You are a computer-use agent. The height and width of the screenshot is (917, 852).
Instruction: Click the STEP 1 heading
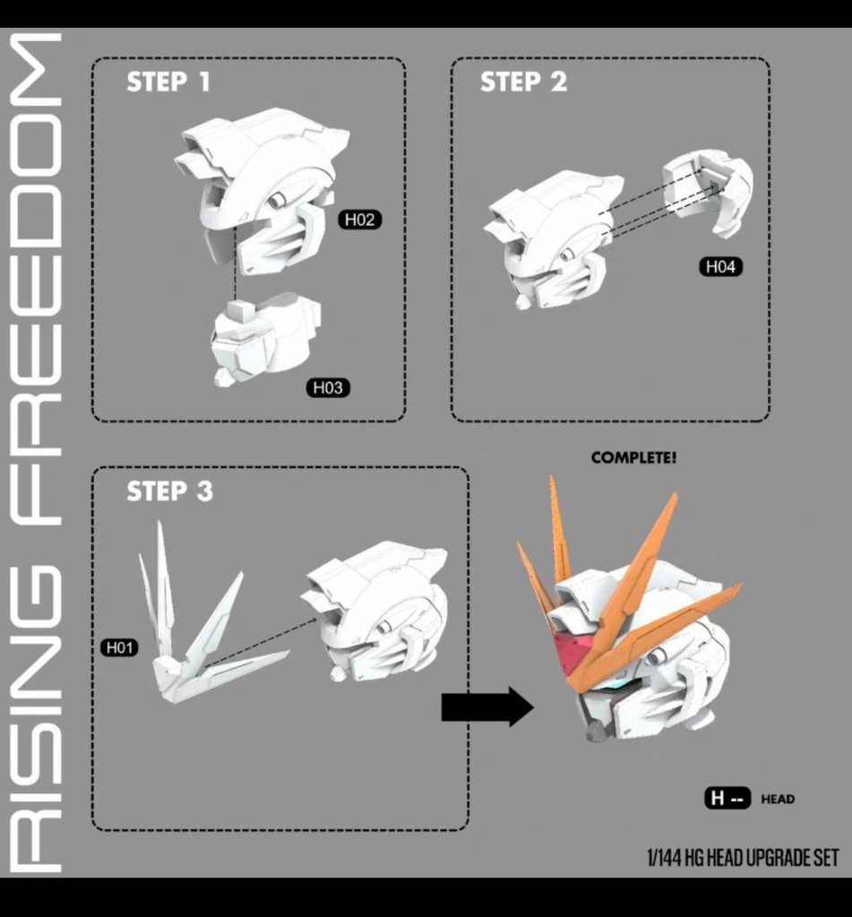click(168, 82)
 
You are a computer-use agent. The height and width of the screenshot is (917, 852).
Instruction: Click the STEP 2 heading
click(523, 82)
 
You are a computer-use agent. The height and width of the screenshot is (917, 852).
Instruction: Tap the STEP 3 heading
click(169, 491)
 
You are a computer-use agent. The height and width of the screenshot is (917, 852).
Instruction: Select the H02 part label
click(360, 220)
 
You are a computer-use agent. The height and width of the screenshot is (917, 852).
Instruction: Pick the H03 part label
click(328, 388)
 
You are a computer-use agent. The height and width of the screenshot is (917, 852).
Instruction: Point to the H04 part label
click(723, 266)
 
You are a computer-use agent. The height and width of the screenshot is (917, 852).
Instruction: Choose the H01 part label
click(120, 647)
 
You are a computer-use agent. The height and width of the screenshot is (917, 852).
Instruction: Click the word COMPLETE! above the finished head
click(633, 458)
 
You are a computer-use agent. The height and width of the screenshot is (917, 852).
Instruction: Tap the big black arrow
click(486, 707)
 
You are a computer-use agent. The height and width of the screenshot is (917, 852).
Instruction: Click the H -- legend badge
click(727, 799)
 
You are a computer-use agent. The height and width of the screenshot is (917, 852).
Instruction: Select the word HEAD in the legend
click(777, 799)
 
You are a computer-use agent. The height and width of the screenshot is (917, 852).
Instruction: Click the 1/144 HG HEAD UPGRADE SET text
click(743, 858)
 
